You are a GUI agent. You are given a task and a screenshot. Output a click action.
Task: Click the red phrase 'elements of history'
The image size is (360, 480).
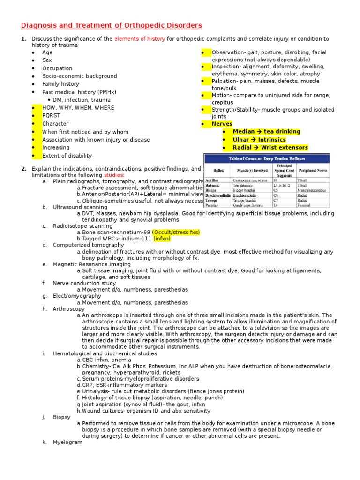click(x=140, y=39)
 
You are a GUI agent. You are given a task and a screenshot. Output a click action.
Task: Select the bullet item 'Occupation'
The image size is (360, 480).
click(x=57, y=68)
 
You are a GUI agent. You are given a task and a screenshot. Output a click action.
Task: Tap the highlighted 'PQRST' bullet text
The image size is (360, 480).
click(x=51, y=116)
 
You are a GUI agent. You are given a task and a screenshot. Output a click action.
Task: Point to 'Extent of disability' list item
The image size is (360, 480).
click(x=67, y=156)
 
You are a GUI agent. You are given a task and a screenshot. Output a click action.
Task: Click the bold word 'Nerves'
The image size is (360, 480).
click(x=222, y=124)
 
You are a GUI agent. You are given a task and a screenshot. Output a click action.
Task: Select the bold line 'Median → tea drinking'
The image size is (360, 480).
click(x=266, y=132)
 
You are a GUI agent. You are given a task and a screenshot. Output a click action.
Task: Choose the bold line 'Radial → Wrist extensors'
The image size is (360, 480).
click(x=270, y=148)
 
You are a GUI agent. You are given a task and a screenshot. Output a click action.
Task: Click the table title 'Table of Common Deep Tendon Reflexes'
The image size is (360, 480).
click(x=266, y=159)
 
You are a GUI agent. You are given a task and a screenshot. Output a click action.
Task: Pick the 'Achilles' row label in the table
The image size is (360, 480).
click(x=212, y=180)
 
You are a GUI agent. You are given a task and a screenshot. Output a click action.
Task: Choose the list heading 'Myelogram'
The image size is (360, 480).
click(x=67, y=442)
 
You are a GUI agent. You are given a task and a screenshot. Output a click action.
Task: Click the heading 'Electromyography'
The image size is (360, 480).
click(x=77, y=296)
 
